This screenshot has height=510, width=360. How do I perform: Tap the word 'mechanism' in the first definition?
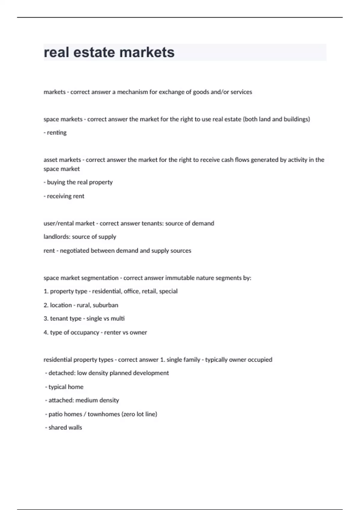tap(132, 92)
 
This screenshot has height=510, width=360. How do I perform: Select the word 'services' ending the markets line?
tap(241, 92)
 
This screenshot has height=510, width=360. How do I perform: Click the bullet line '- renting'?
tap(55, 132)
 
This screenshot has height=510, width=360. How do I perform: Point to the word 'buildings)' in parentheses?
tap(297, 119)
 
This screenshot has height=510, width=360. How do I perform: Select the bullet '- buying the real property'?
tap(78, 182)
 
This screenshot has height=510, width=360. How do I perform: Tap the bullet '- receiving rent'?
tap(64, 196)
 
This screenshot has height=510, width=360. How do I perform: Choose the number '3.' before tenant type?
tap(46, 318)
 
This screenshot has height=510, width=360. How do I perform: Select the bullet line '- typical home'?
tap(64, 387)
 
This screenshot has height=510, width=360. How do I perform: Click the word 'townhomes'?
tap(104, 414)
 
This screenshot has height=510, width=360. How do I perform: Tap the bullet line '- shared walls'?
tap(64, 427)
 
